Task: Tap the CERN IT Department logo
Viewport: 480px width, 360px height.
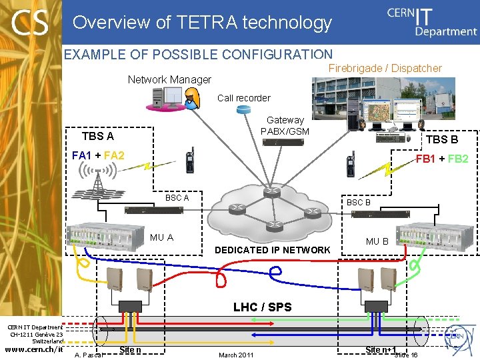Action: pos(431,21)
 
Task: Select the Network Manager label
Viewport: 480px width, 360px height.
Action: pos(169,80)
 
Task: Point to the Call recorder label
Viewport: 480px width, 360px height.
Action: pos(243,98)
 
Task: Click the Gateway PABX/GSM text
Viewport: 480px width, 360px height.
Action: pos(285,126)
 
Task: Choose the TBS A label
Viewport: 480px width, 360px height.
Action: pos(97,137)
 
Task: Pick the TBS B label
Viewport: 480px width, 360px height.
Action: pos(441,140)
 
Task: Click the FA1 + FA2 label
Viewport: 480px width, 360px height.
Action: pos(98,156)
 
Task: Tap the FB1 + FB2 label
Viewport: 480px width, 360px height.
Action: pos(441,159)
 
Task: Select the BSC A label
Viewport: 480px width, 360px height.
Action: pos(177,198)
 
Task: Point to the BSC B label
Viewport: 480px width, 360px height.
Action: pos(358,202)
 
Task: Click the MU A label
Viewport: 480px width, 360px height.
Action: pos(161,237)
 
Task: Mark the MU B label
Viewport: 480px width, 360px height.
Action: pos(377,241)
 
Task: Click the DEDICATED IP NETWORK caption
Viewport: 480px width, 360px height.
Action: pos(272,250)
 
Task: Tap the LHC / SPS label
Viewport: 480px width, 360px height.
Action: pos(261,307)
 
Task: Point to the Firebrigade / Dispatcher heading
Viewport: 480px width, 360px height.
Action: pos(385,68)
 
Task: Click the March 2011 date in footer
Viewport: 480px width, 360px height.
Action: pos(236,354)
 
